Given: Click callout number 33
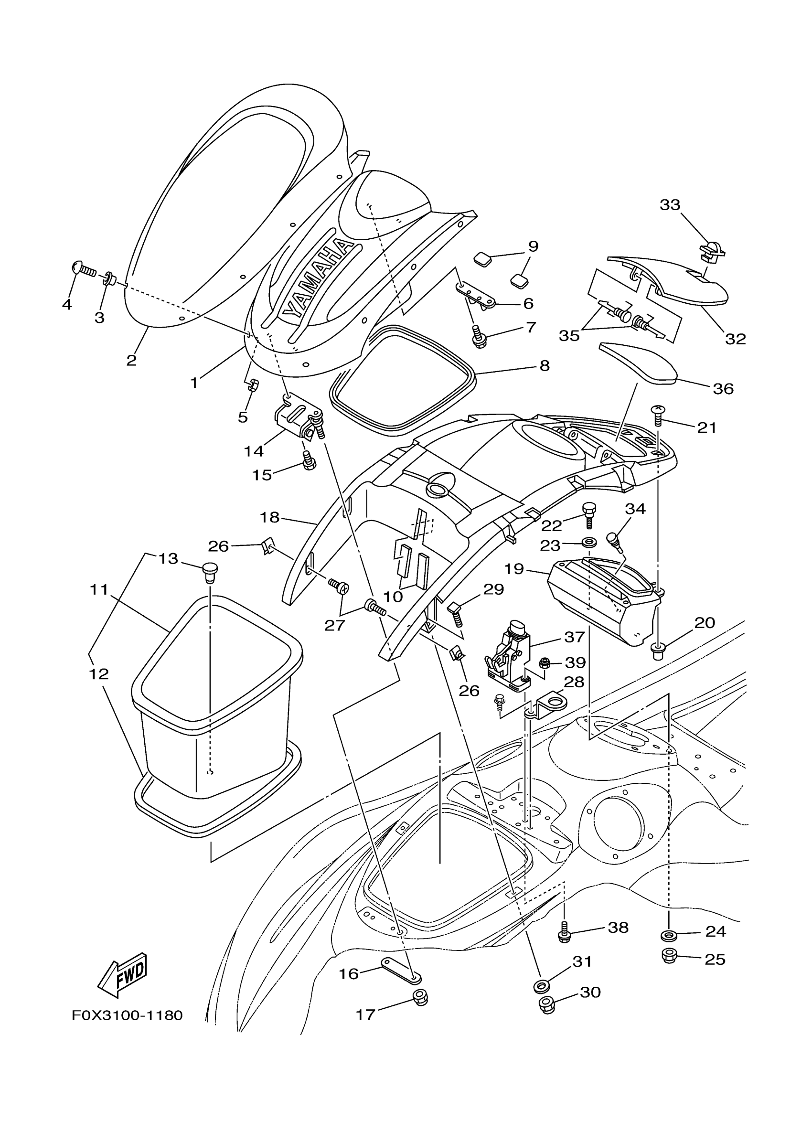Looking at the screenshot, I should pyautogui.click(x=670, y=204).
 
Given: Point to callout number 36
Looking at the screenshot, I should pyautogui.click(x=723, y=388).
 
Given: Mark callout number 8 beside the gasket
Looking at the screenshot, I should pyautogui.click(x=544, y=366).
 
